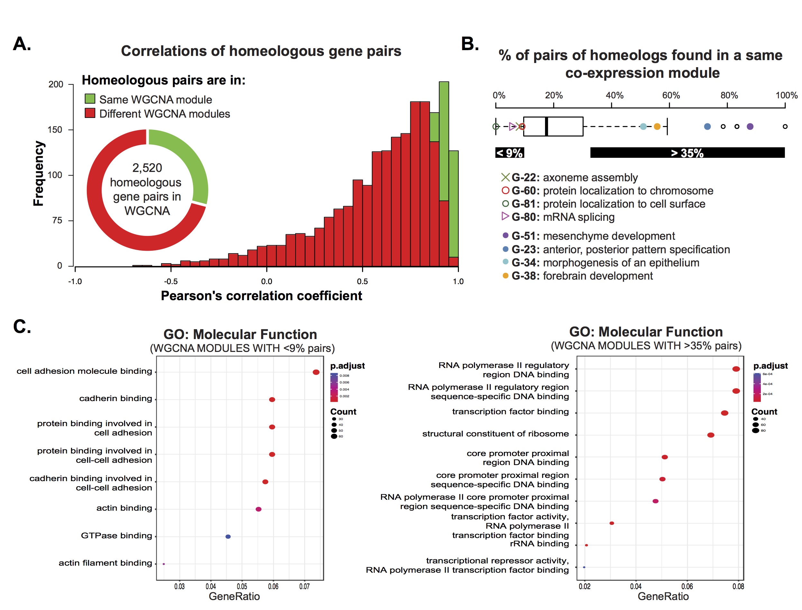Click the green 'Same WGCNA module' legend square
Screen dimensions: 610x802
coord(90,99)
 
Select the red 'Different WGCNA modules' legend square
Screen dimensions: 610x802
coord(90,113)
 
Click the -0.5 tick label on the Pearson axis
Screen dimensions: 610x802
coord(170,282)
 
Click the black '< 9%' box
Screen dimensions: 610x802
coord(509,152)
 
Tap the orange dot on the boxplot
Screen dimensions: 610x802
coord(657,127)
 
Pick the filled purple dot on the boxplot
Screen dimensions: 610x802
coord(750,127)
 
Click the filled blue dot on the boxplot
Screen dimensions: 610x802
coord(707,127)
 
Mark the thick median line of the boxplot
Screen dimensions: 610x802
coord(546,127)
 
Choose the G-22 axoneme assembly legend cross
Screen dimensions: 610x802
coord(505,177)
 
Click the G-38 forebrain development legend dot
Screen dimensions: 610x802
coord(505,275)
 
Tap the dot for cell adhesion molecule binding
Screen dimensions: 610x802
coord(316,372)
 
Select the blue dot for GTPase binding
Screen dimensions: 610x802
coord(228,536)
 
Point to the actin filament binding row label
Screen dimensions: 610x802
coord(105,563)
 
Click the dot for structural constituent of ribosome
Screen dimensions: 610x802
coord(710,435)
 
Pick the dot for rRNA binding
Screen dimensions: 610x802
coord(586,545)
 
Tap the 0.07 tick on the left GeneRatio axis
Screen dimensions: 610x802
coord(305,587)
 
